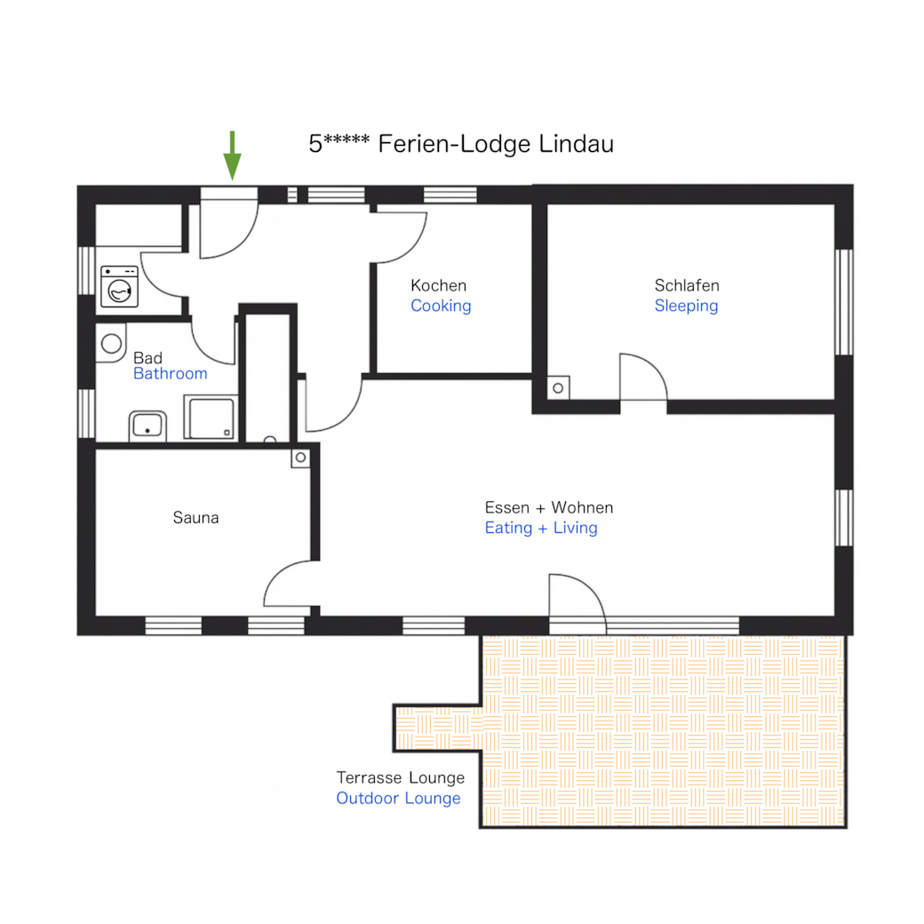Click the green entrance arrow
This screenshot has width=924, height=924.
(x=232, y=155)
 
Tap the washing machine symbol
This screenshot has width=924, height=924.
(x=120, y=286)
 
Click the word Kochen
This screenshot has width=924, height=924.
(x=438, y=286)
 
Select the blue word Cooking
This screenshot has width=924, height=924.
(x=441, y=306)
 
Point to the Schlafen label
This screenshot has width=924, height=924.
(x=687, y=286)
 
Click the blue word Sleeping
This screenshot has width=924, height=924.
(x=686, y=306)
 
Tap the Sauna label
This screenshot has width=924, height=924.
(x=195, y=518)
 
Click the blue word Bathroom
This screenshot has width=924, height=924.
(x=171, y=374)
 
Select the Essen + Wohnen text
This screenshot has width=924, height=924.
(x=549, y=507)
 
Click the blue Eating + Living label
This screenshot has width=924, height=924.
(x=541, y=528)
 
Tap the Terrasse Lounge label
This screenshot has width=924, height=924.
(x=401, y=778)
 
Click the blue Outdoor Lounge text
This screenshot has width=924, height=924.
(x=398, y=799)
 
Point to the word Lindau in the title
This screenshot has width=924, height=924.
(x=577, y=144)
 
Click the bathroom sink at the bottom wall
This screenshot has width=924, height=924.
(x=147, y=426)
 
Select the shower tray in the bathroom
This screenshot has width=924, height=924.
(x=211, y=418)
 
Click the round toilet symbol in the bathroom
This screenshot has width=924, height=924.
(x=111, y=343)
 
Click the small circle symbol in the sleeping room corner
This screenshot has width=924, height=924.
(x=558, y=387)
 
